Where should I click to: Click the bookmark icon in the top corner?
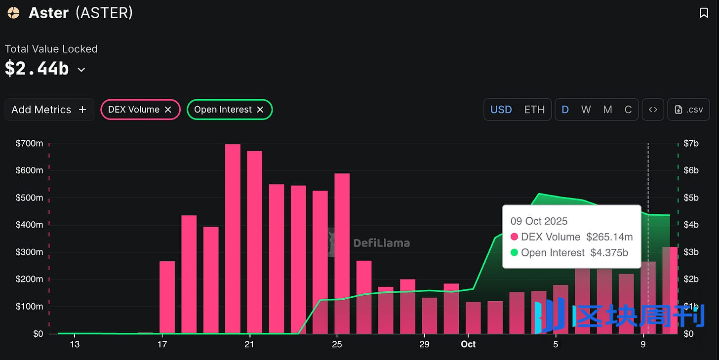704,13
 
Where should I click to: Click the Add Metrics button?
49,110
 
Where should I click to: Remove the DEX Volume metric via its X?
168,110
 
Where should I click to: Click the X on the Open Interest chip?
260,110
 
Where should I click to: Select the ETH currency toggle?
534,110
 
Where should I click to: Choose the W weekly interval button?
586,110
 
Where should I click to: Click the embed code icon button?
653,110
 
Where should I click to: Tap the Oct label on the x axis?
468,344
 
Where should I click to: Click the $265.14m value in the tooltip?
609,237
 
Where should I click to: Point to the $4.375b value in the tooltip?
609,253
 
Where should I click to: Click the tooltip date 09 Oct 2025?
539,221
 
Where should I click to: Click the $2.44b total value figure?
37,69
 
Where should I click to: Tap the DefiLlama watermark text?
381,243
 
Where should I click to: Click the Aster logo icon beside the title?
13,13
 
